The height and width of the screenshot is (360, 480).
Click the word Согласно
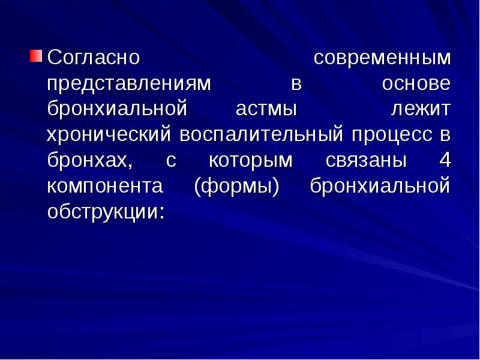(x=94, y=58)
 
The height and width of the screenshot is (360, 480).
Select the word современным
(x=382, y=58)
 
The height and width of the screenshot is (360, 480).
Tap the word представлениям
(x=129, y=84)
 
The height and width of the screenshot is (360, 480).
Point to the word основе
(x=416, y=84)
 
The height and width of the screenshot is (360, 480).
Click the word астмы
(x=266, y=110)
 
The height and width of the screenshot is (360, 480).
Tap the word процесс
(x=392, y=136)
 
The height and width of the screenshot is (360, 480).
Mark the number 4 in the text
(x=443, y=161)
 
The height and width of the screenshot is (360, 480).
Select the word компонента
(x=105, y=187)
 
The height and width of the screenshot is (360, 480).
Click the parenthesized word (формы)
(x=237, y=187)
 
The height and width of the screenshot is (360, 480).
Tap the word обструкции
(x=105, y=213)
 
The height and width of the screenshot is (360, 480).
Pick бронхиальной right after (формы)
(x=380, y=187)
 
